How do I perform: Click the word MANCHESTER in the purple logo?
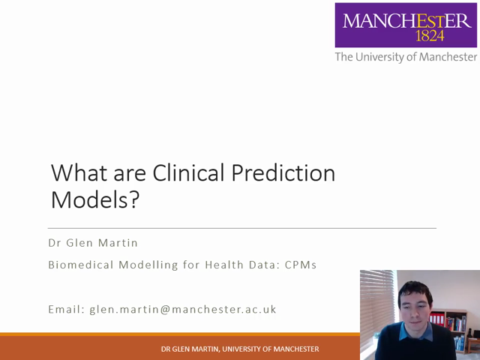coord(406,19)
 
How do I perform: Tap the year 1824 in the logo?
coord(430,35)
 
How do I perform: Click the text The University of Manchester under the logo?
coord(406,57)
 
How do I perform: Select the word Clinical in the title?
coord(189,174)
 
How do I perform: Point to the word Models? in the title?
coord(95,200)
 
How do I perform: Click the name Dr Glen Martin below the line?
coord(93,243)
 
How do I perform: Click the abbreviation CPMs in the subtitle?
coord(301,265)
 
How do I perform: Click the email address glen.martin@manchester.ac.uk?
coord(183,308)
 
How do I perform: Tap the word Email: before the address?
coord(66,308)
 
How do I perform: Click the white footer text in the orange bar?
coord(240,349)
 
